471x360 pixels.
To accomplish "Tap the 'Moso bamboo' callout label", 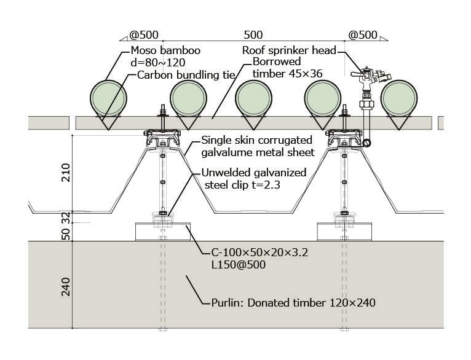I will pyautogui.click(x=165, y=51).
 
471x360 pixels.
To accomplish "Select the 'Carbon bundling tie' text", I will pyautogui.click(x=186, y=75).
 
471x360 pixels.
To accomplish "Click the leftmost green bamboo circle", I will pyautogui.click(x=108, y=98).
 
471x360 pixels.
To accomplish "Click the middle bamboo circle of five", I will pyautogui.click(x=254, y=98).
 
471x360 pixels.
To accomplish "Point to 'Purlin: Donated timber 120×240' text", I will pyautogui.click(x=290, y=302).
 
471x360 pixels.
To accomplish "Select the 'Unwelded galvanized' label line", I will pyautogui.click(x=253, y=173).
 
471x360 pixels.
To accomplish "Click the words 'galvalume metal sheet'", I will pyautogui.click(x=258, y=152).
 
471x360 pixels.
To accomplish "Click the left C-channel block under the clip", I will pyautogui.click(x=162, y=232).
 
